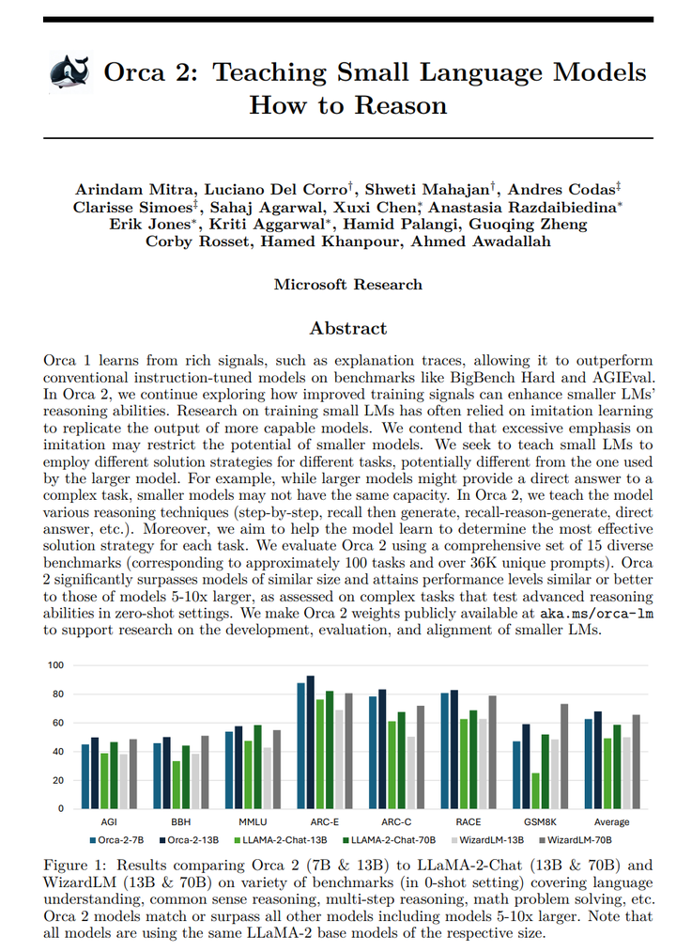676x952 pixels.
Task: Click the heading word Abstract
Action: tap(348, 328)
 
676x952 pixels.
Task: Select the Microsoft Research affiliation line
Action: tap(348, 285)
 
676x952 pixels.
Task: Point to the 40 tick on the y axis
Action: tap(57, 752)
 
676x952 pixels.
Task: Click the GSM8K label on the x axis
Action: tap(532, 821)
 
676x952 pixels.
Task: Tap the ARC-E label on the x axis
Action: tap(313, 821)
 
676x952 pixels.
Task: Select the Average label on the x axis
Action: tap(611, 821)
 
